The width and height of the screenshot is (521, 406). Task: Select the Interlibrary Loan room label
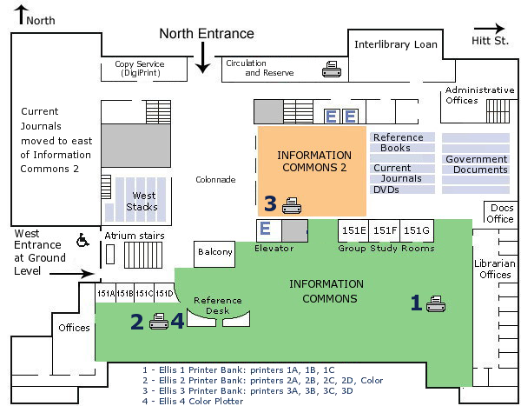(396, 44)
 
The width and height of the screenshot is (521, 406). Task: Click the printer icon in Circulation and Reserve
(332, 69)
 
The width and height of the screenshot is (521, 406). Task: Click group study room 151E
(353, 230)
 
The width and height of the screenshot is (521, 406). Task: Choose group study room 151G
(416, 230)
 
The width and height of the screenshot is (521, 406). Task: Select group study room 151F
(385, 230)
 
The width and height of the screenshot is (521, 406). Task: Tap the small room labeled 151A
(105, 293)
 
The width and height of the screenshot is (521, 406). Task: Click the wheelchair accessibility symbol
(84, 238)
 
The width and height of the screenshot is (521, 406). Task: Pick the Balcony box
(215, 253)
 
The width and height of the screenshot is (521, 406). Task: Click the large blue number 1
(416, 303)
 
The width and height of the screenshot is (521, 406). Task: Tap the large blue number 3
(270, 204)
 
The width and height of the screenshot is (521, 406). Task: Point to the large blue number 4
(177, 322)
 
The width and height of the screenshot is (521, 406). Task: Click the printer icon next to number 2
(158, 323)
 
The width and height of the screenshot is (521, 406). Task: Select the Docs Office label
(502, 213)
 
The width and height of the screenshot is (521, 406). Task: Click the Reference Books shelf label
(398, 143)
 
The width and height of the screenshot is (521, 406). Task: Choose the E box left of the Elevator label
(267, 230)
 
